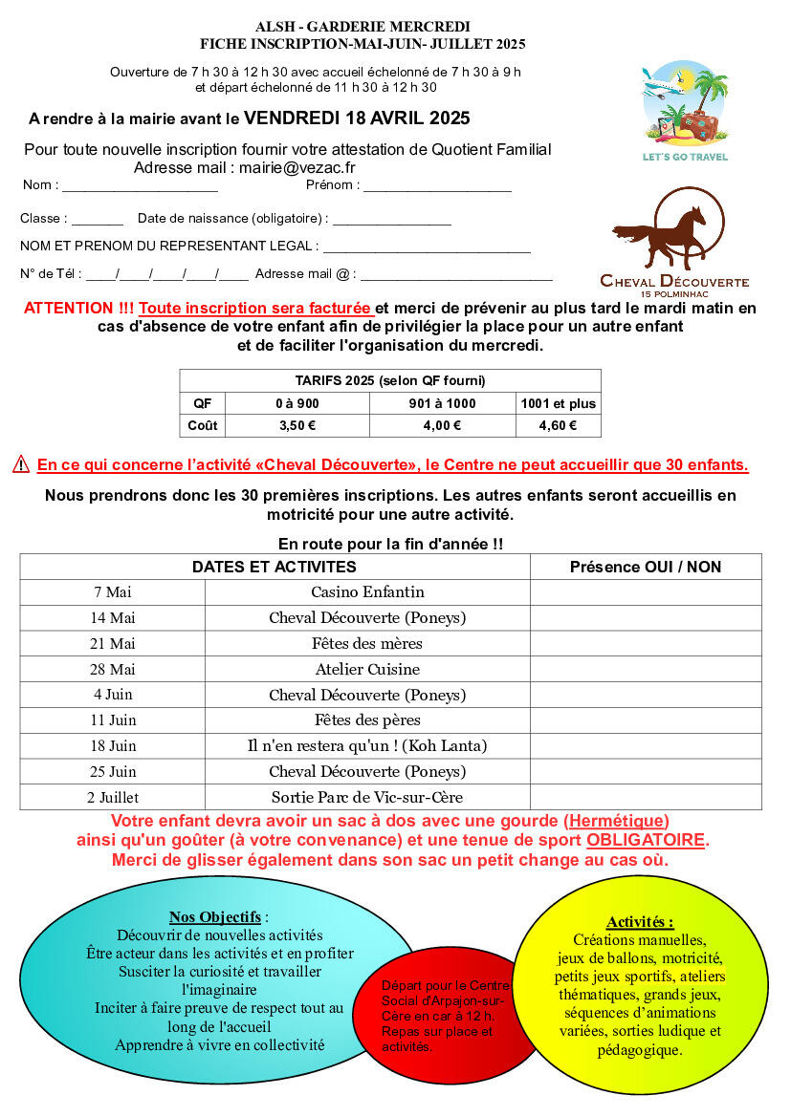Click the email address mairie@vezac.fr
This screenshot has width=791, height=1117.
coord(297,167)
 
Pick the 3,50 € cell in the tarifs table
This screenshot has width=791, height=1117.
coord(297,426)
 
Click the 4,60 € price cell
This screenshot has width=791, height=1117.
coord(558,426)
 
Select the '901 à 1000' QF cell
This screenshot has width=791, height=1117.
coord(442,403)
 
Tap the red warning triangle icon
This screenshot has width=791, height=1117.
coord(21,465)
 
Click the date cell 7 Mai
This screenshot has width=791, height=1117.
coord(112,592)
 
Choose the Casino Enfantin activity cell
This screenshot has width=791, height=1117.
coord(367,592)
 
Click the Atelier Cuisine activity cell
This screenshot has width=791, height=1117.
coord(367,669)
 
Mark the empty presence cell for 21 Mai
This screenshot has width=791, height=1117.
coord(646,644)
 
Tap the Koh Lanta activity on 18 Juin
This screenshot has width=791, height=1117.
coord(367,745)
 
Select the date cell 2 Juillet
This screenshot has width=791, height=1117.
coord(112,797)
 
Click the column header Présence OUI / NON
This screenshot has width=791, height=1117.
coord(646,567)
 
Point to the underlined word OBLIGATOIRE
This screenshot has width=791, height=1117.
coord(646,841)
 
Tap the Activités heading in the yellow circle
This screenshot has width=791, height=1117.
coord(640,922)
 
